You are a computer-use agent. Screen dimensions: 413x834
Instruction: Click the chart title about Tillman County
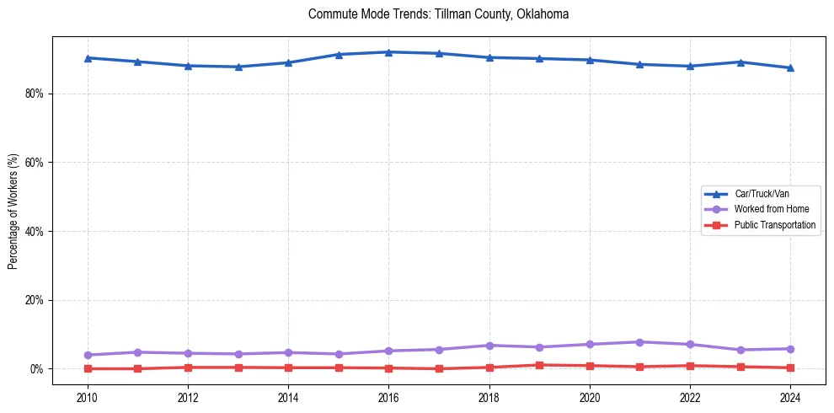click(438, 14)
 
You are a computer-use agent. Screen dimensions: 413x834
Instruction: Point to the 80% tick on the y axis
click(34, 94)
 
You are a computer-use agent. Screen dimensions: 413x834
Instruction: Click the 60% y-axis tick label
click(34, 163)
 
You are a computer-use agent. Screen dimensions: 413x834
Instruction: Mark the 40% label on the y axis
click(34, 232)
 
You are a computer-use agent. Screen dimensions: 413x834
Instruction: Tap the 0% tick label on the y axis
click(36, 369)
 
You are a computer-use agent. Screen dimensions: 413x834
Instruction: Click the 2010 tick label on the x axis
click(87, 396)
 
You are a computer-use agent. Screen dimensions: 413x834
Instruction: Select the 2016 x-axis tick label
click(388, 396)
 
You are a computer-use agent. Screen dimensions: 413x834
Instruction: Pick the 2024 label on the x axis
click(790, 396)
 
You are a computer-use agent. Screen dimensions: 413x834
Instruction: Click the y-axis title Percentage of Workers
click(13, 211)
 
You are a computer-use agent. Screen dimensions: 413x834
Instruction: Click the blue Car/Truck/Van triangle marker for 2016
click(388, 52)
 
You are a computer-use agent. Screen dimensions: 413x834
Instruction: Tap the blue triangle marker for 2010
click(87, 58)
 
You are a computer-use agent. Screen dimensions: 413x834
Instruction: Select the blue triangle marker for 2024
click(790, 67)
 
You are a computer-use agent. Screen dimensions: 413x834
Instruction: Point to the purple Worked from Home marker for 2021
click(639, 342)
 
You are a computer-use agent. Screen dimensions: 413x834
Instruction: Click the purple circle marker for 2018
click(489, 346)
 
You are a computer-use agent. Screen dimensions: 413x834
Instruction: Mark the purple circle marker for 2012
click(187, 353)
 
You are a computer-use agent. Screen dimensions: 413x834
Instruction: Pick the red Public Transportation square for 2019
click(539, 365)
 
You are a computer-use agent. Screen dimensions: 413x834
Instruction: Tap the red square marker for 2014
click(288, 367)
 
